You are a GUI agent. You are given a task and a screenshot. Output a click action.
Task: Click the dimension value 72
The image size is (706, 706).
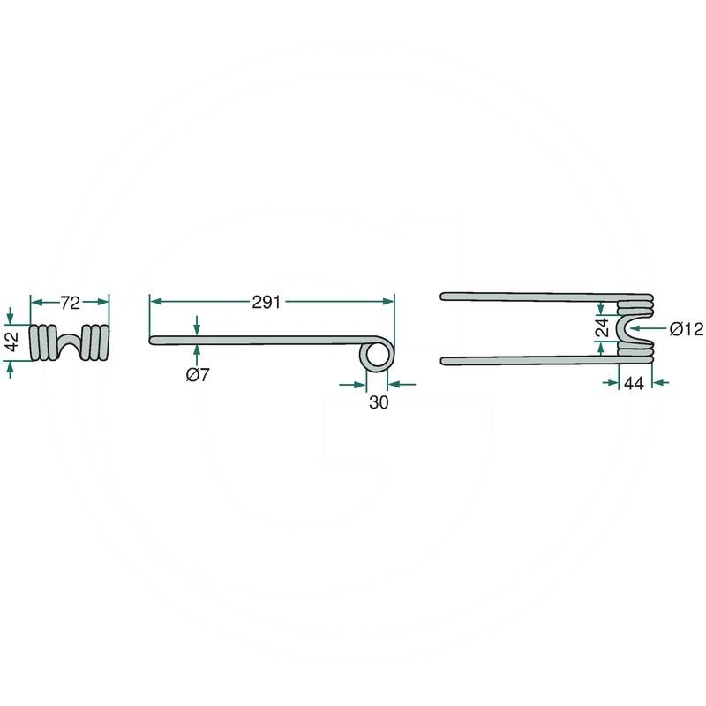71,303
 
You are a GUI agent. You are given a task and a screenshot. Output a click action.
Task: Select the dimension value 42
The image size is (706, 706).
12,342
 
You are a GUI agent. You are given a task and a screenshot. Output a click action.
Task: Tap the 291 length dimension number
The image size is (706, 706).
267,302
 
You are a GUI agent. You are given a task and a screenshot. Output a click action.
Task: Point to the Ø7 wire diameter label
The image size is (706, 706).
198,374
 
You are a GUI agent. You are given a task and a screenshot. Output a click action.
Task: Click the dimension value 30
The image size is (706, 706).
379,402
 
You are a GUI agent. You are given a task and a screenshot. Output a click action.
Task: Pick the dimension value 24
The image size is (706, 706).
602,327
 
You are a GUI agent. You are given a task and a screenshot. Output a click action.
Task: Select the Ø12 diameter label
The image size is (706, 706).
686,329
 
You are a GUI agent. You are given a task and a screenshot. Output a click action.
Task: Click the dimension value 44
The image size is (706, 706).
634,383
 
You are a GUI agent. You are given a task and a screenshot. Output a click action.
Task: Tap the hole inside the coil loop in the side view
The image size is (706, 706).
376,356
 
